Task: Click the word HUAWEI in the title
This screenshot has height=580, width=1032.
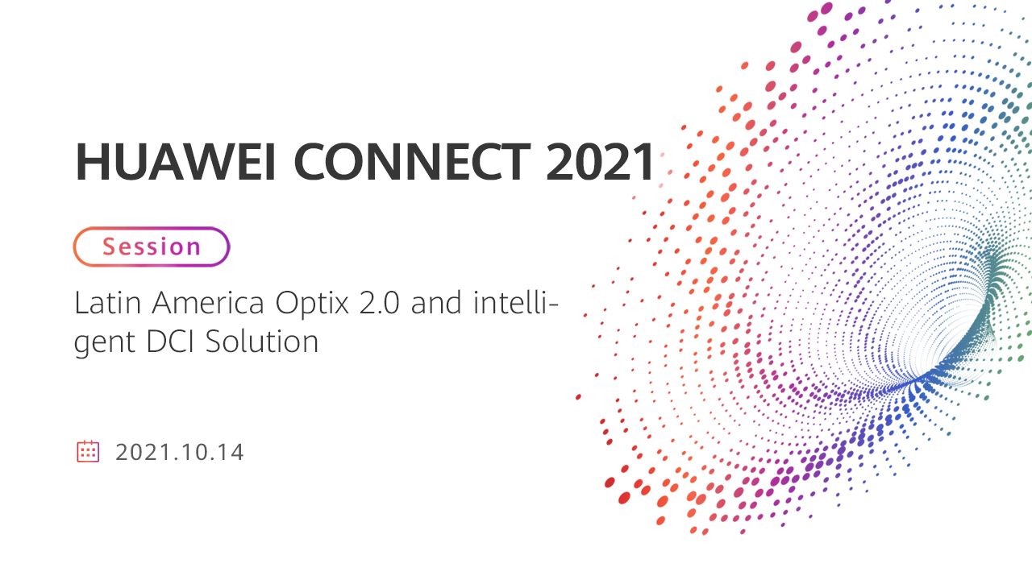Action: click(x=176, y=162)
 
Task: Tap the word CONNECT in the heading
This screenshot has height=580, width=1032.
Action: click(x=412, y=162)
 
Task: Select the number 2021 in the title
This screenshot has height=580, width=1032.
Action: click(x=600, y=161)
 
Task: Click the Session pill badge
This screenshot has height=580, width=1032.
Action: click(x=152, y=246)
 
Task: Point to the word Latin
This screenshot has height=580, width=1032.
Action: click(x=107, y=303)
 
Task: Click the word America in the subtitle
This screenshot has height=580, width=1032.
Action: click(x=208, y=303)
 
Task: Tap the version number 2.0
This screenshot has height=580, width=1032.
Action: click(x=379, y=303)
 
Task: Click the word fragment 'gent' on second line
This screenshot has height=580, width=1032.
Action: click(x=104, y=343)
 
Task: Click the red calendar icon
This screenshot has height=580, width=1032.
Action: click(x=88, y=451)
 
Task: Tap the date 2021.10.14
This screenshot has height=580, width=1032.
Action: click(x=179, y=452)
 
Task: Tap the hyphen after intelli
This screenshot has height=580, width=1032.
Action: click(x=553, y=305)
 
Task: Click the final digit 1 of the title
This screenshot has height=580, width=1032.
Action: click(x=645, y=161)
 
